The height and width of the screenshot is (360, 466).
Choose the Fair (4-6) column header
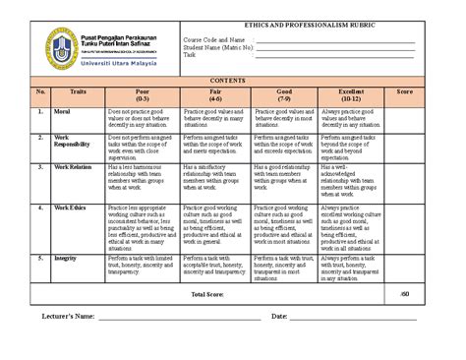(216, 96)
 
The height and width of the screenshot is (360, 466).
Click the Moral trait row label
(63, 113)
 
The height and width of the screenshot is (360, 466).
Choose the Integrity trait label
(67, 258)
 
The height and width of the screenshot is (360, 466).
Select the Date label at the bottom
(278, 317)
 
